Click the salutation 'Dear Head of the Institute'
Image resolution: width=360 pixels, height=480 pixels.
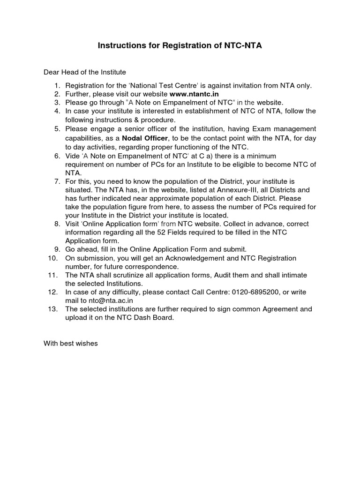tap(85, 72)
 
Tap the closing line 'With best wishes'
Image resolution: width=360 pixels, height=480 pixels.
tap(71, 344)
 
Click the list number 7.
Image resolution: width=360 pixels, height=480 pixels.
tap(57, 181)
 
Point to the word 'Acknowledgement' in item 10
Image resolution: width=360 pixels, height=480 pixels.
tap(165, 258)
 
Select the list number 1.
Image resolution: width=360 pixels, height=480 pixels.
tap(57, 85)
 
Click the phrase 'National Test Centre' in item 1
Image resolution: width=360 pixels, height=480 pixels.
tap(159, 85)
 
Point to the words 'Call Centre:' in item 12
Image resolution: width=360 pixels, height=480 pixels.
tap(210, 292)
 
